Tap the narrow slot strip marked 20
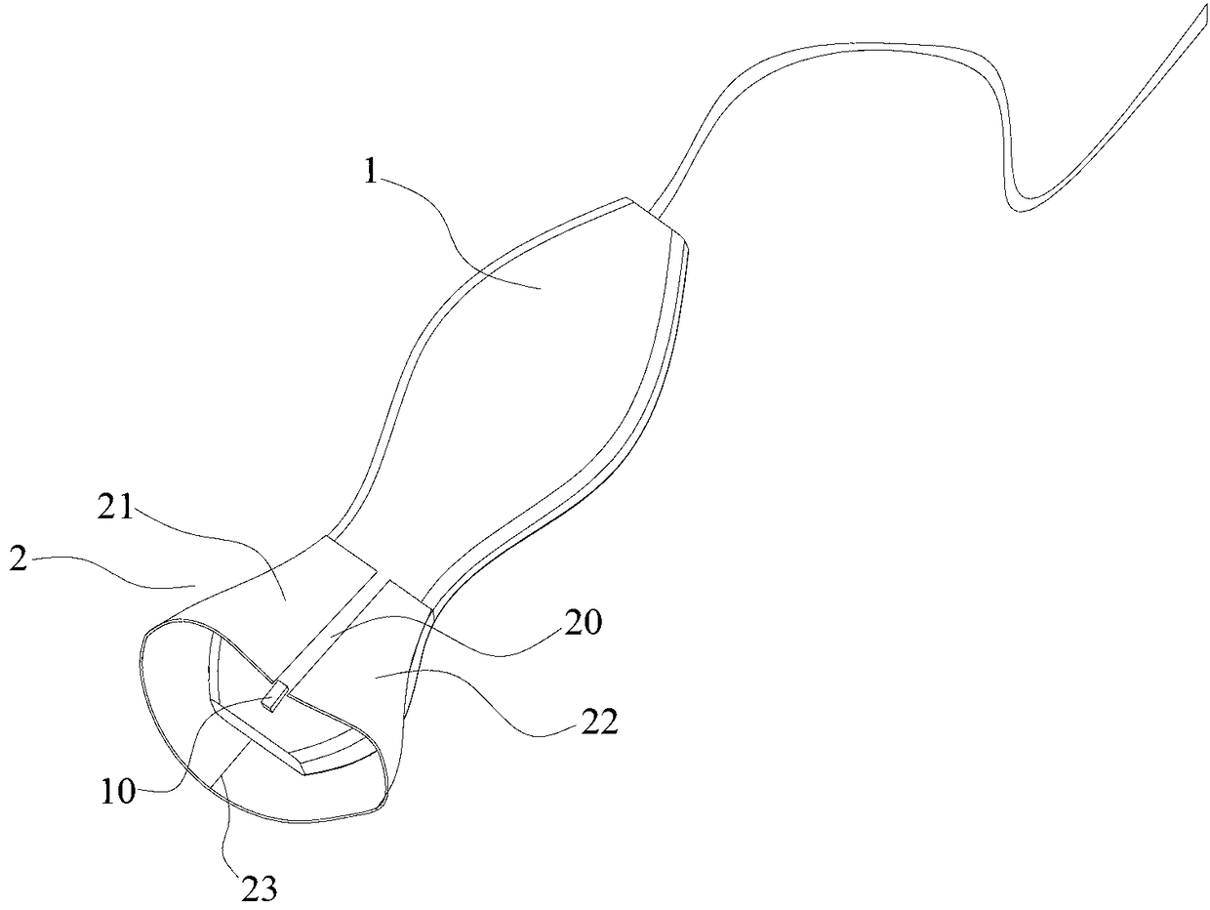point(337,635)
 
